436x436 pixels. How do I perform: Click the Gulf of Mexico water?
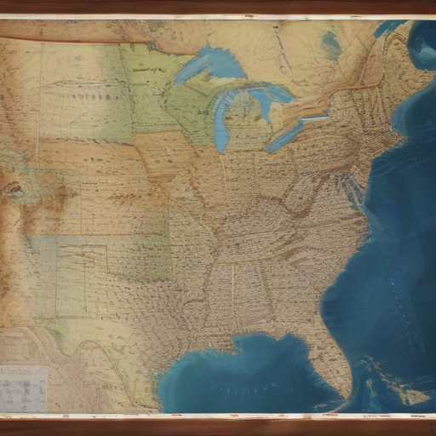pos(247,375)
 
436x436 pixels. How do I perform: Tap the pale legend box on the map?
pos(23,388)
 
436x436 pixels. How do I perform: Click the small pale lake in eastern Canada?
pos(330,44)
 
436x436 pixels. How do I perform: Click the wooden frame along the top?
pos(218,7)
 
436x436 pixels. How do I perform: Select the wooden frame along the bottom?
pos(218,427)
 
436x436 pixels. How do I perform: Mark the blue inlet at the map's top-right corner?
pos(421,43)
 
